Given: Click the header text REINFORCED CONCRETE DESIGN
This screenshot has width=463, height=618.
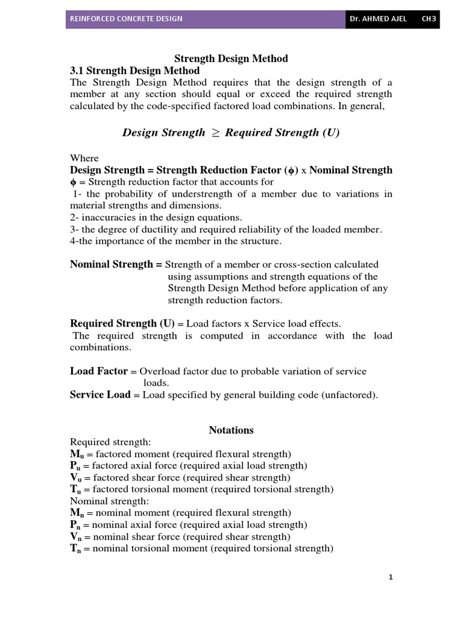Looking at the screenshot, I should (127, 19).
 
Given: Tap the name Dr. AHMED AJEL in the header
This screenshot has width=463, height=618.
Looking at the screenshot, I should (378, 19).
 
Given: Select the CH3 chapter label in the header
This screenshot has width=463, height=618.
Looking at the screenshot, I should (429, 19).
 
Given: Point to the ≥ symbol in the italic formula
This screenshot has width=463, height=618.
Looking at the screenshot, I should (215, 133).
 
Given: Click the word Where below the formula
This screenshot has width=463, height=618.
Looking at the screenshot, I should (84, 158).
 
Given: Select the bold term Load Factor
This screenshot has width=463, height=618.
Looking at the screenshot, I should (99, 371).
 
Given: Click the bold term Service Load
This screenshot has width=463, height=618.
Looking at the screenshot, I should (100, 395).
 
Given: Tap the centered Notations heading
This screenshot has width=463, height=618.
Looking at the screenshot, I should (231, 430).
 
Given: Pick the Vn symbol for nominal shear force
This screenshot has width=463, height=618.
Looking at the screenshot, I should (75, 537).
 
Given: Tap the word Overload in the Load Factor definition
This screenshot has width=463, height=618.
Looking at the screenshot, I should (159, 372).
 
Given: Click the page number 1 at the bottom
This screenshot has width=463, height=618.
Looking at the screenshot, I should (391, 578).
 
